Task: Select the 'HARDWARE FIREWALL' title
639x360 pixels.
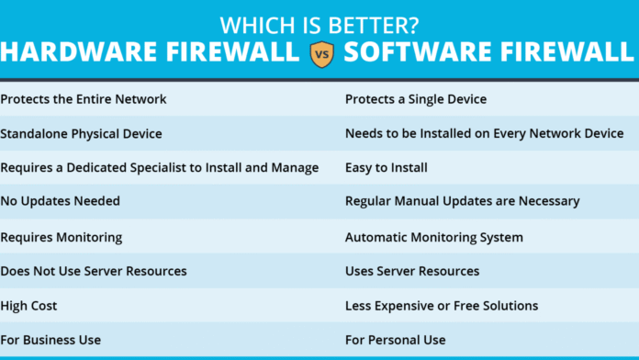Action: click(x=150, y=52)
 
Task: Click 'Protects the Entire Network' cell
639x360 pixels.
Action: click(x=84, y=99)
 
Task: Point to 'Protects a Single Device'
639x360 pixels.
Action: click(x=416, y=99)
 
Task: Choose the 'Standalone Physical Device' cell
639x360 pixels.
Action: click(x=81, y=133)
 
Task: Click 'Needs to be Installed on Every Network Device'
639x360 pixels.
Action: click(x=484, y=133)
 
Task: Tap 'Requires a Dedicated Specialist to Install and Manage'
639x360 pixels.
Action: click(x=160, y=168)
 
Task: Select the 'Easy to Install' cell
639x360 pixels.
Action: click(x=387, y=168)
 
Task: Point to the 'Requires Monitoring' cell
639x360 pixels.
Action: click(x=62, y=237)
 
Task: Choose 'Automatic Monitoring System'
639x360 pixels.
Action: click(x=434, y=237)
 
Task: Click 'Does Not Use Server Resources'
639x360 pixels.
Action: click(x=94, y=271)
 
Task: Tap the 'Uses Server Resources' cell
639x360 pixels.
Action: click(x=412, y=271)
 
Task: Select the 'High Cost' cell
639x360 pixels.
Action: click(x=30, y=306)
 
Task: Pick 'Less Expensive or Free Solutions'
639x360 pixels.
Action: click(x=442, y=306)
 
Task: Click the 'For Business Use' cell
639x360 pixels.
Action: click(x=50, y=340)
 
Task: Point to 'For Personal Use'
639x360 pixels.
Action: click(x=396, y=340)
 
